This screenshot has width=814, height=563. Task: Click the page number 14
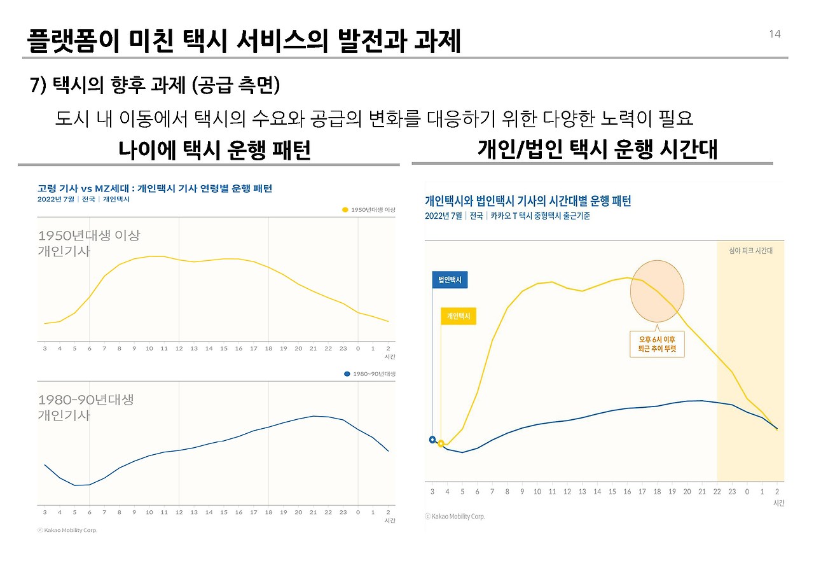pos(775,34)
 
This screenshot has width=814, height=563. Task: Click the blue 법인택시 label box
pos(450,280)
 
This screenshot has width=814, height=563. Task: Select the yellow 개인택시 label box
pos(458,316)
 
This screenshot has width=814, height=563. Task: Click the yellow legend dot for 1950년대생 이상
pos(345,209)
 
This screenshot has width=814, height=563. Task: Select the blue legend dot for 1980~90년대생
pos(347,374)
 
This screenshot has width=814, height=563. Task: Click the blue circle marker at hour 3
pos(432,440)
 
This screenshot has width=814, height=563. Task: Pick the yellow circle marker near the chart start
pos(441,443)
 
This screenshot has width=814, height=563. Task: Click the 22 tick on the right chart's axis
pos(717,492)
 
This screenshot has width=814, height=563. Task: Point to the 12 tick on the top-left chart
pos(179,348)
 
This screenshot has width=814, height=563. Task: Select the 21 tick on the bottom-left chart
pos(313,512)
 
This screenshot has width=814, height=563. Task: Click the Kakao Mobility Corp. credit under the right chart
pos(455,517)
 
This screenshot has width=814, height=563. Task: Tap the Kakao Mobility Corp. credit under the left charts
pos(67,530)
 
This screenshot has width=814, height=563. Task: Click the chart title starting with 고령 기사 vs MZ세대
pos(155,188)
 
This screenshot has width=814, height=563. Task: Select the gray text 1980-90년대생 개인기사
pos(85,407)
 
